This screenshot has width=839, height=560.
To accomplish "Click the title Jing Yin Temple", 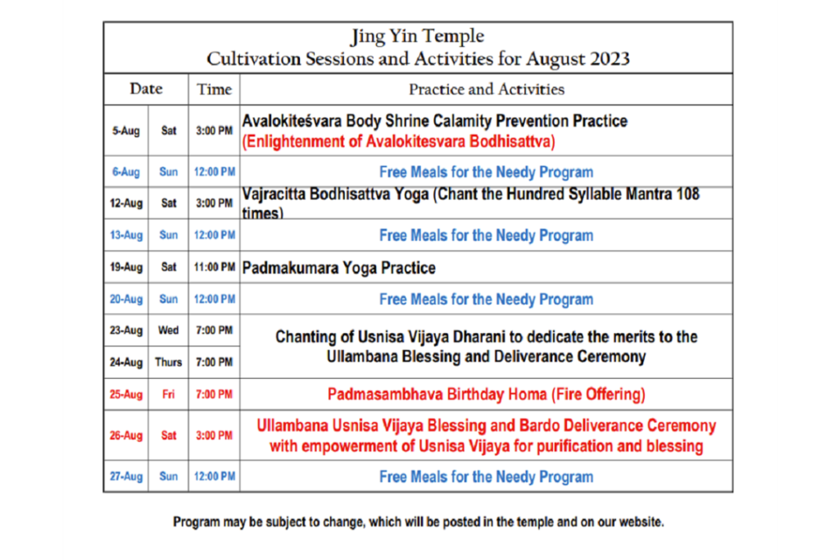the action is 417,36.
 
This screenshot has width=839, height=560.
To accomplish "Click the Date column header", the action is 146,89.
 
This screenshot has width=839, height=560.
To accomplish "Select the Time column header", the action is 214,89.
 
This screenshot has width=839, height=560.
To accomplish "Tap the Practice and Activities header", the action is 487,89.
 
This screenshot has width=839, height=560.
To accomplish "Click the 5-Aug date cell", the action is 125,130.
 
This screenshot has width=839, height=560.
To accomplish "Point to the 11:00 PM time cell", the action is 214,266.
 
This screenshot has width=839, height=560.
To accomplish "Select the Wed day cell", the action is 168,330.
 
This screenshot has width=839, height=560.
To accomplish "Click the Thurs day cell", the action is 168,362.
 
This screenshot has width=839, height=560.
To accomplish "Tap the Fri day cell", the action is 168,394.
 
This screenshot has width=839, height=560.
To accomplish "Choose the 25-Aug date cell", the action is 125,394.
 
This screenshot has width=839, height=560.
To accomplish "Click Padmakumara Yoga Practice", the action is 338,267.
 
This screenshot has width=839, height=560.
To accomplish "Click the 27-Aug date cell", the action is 125,476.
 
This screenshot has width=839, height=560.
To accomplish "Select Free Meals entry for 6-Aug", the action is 487,172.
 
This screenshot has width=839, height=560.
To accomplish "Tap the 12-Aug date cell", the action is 125,203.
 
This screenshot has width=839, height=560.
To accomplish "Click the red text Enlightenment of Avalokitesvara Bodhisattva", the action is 399,141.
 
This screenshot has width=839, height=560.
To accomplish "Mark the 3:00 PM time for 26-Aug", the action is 214,435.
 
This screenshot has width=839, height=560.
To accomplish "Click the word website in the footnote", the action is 641,522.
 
